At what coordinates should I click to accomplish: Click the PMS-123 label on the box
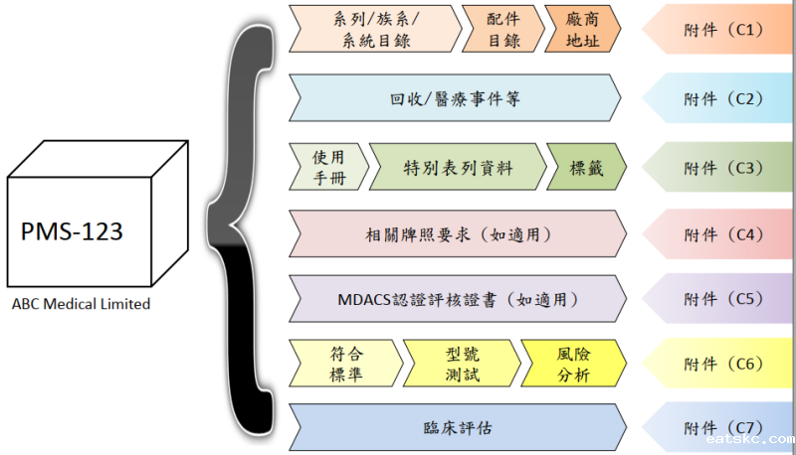(x=72, y=232)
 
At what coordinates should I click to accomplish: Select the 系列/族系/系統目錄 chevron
(x=374, y=29)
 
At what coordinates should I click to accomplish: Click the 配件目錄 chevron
(x=502, y=29)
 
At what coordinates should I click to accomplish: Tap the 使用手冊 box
(x=328, y=166)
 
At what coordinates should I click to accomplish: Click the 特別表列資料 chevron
(x=458, y=167)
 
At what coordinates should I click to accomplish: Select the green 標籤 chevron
(x=585, y=167)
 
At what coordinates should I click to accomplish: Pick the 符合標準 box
(x=343, y=363)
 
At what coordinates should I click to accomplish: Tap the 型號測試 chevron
(x=462, y=363)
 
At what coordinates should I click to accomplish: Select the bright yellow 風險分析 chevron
(x=573, y=363)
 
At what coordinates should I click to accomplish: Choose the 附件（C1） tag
(x=720, y=30)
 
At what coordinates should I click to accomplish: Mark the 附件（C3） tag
(x=720, y=167)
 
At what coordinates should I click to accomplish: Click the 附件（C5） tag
(x=720, y=298)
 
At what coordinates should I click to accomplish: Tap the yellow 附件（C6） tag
(x=720, y=363)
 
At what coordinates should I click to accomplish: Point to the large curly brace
(x=243, y=228)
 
